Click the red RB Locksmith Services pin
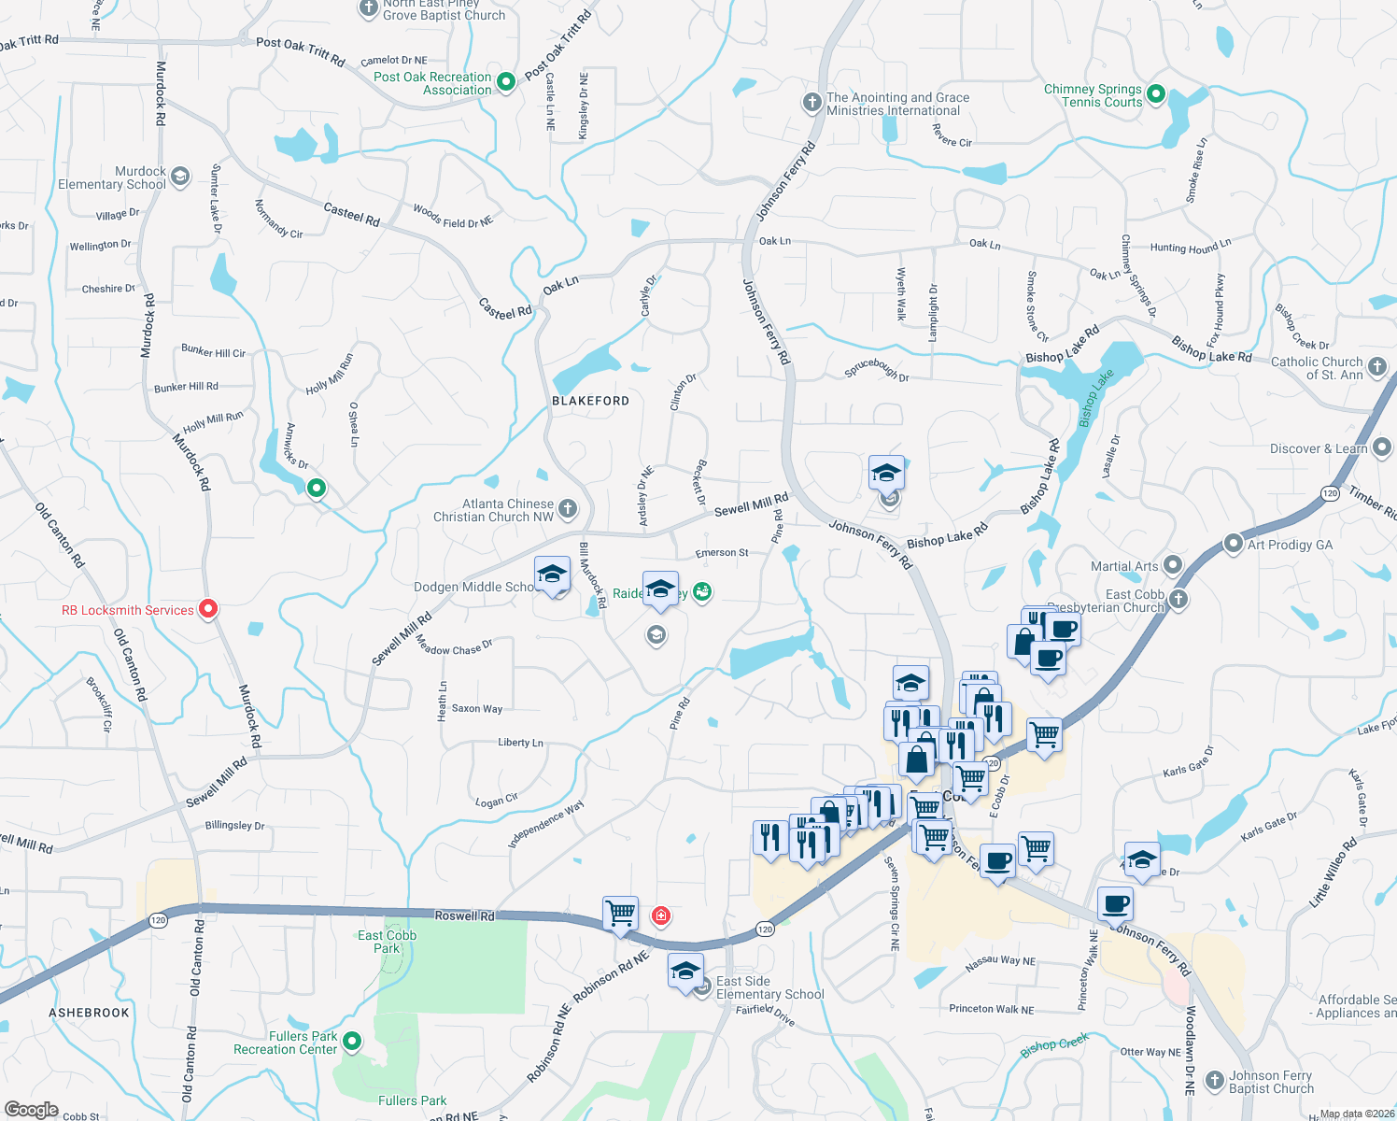click(208, 609)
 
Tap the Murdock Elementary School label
click(112, 177)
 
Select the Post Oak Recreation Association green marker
click(506, 82)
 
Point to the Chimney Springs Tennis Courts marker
click(1155, 93)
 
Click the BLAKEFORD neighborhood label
click(590, 401)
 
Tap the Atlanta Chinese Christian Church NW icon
click(568, 509)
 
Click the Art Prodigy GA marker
click(1234, 544)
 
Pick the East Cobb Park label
click(387, 942)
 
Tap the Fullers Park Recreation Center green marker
click(352, 1041)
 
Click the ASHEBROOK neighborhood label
click(90, 1013)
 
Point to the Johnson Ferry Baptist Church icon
click(1214, 1081)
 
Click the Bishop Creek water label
click(1054, 1045)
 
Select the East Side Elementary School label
click(769, 987)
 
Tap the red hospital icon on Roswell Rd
click(661, 915)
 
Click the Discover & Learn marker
click(1383, 448)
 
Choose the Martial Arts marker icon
click(1173, 565)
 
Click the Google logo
click(31, 1110)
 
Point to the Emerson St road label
click(722, 553)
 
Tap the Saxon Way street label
click(476, 709)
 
